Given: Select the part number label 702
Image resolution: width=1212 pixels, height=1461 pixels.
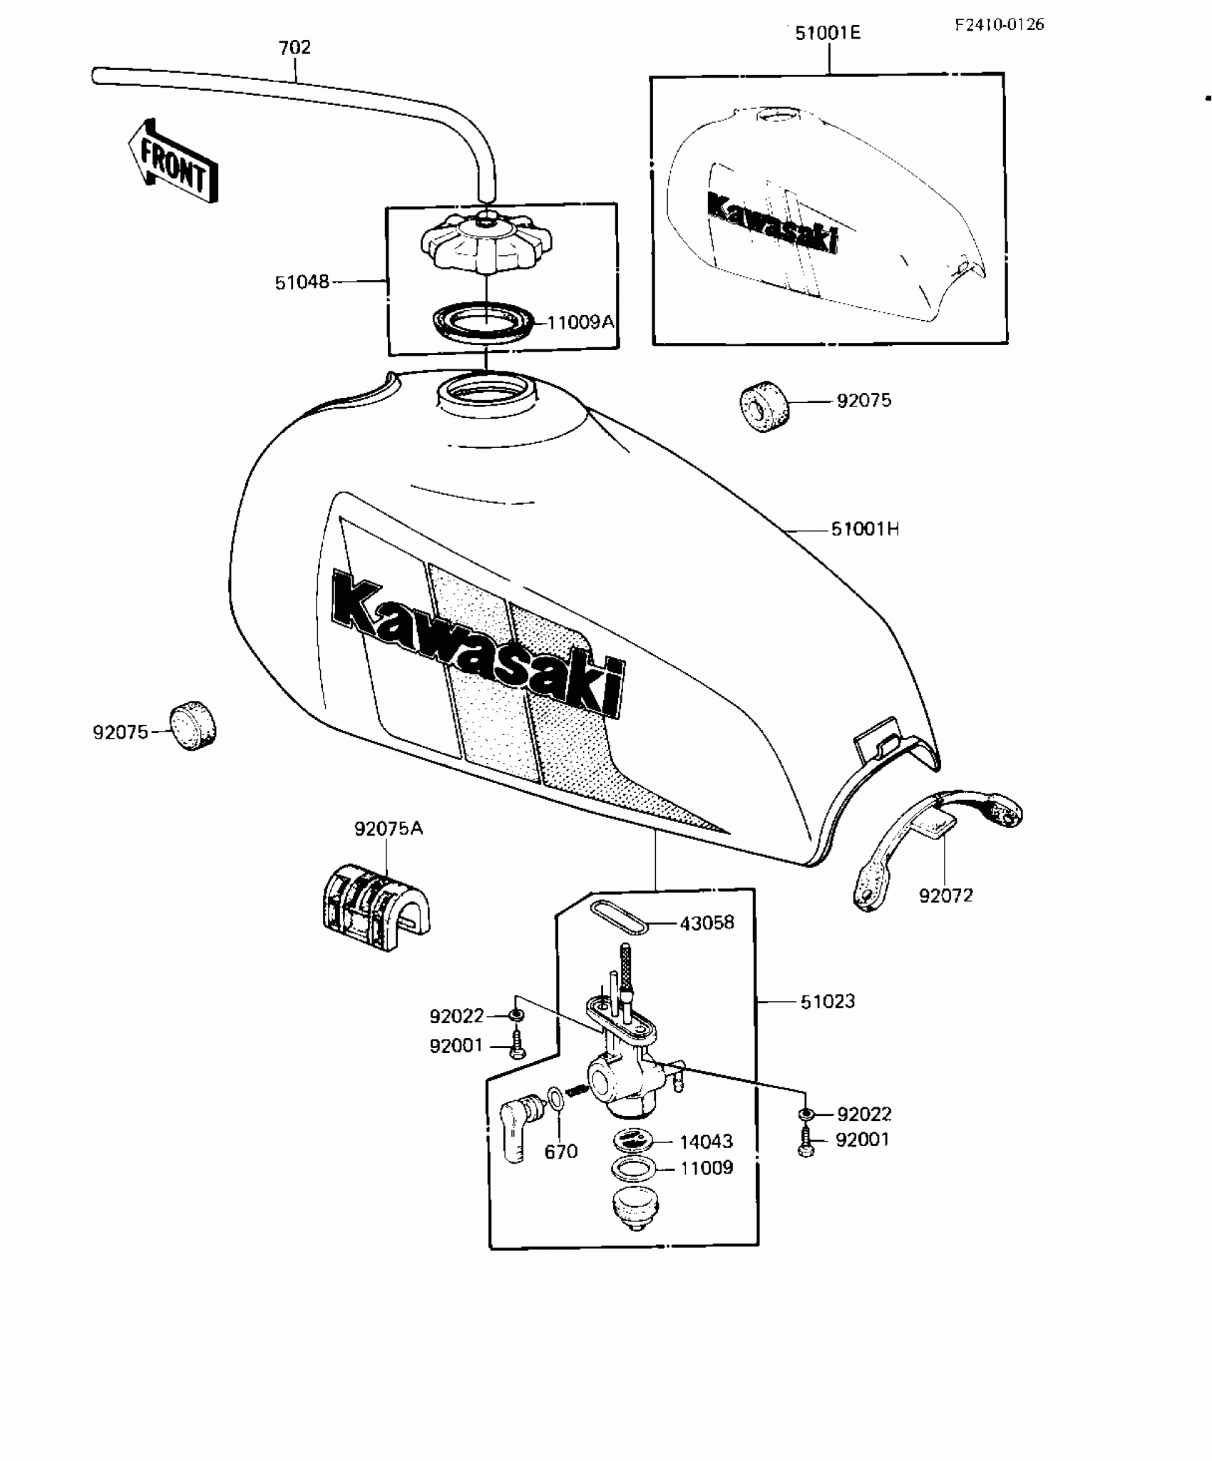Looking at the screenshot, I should tap(294, 48).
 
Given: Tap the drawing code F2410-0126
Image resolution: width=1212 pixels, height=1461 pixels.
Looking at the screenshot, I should tap(1000, 25).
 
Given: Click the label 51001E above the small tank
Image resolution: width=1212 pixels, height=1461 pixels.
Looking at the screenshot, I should tap(828, 34).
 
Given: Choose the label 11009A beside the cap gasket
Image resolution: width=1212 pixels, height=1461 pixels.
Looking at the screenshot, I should tap(580, 322).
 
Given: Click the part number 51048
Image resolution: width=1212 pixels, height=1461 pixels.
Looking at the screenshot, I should tap(302, 282).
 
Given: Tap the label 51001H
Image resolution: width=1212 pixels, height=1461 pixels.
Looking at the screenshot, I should tap(865, 529).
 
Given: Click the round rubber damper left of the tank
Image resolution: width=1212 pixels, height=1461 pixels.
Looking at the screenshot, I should tap(192, 726).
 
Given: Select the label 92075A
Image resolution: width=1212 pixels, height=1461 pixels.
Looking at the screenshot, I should tap(389, 829).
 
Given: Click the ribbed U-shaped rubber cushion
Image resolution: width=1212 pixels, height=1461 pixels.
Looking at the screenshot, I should tap(374, 912).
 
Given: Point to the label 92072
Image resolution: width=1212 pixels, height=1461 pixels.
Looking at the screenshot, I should tap(945, 896).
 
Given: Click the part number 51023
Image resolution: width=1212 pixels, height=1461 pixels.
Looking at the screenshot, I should tap(827, 1002).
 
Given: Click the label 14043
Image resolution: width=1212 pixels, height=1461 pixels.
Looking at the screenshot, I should tap(706, 1142).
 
